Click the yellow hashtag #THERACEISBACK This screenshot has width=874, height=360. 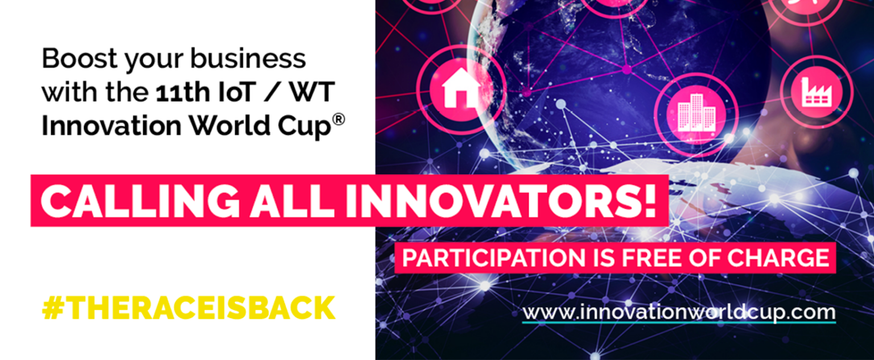point(188,308)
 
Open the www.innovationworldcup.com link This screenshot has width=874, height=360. point(678,312)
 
